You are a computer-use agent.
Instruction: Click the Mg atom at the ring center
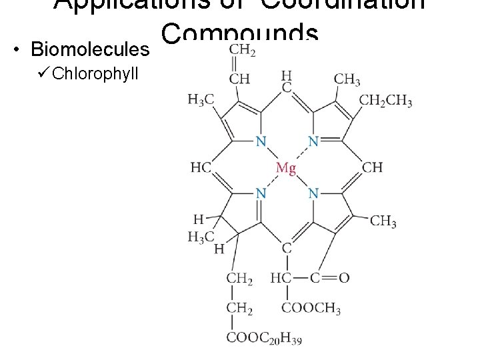[285, 167]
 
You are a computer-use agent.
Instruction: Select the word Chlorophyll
[95, 73]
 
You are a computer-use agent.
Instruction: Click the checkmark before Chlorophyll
[44, 73]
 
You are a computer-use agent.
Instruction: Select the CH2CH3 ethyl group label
[385, 101]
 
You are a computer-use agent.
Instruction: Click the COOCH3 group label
[311, 309]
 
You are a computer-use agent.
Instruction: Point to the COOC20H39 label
[264, 339]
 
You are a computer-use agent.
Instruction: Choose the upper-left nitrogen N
[261, 141]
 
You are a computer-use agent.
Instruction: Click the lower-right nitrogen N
[313, 193]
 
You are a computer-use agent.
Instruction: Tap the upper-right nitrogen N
[313, 141]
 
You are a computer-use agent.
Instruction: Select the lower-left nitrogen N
[261, 193]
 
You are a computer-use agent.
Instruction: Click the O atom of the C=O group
[344, 277]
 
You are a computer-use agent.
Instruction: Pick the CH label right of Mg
[373, 167]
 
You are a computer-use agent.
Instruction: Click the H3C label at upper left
[201, 99]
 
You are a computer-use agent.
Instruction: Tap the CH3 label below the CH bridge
[383, 221]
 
